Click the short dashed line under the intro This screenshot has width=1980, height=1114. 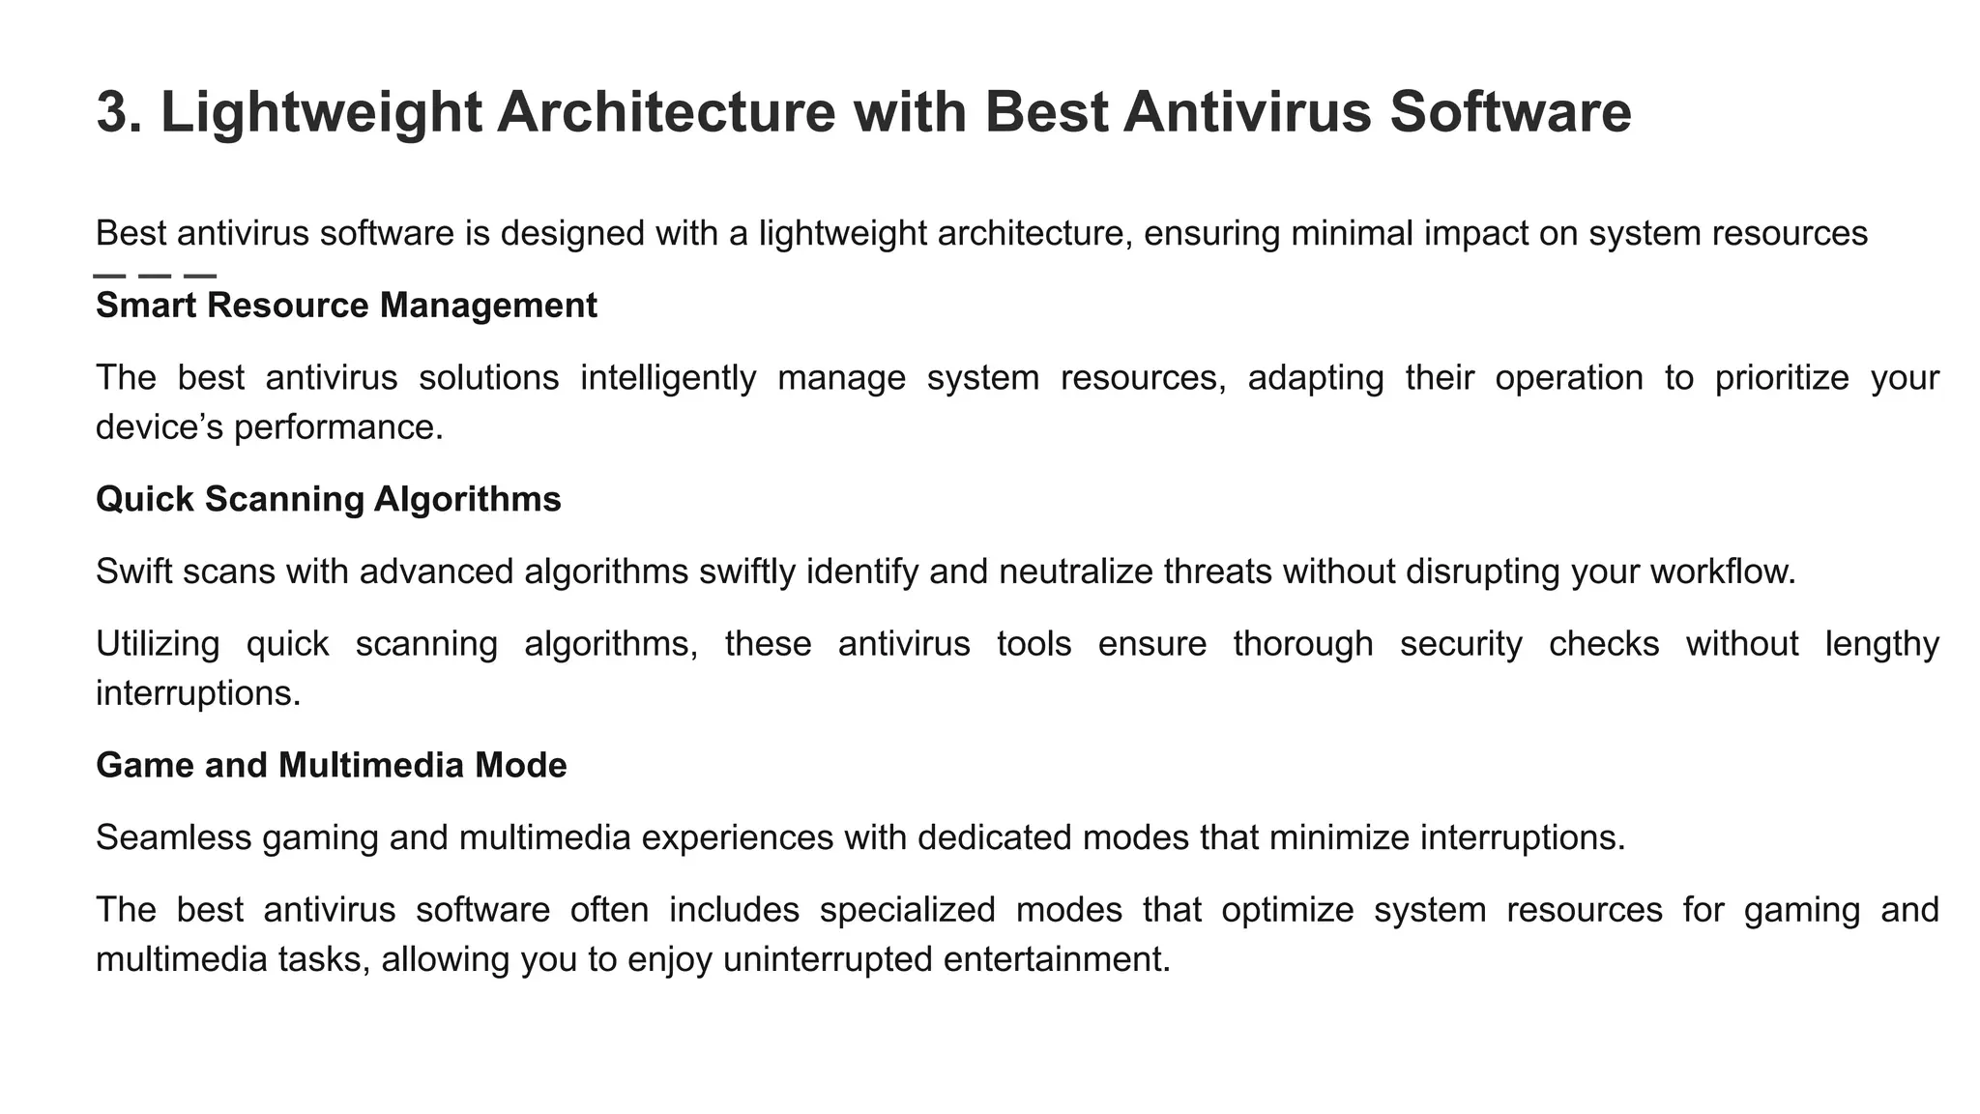pyautogui.click(x=155, y=277)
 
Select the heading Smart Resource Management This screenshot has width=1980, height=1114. pyautogui.click(x=346, y=306)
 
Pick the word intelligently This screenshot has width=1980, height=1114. pyautogui.click(x=668, y=378)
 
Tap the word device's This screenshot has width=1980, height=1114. pyautogui.click(x=160, y=427)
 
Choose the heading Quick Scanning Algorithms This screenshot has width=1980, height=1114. pyautogui.click(x=329, y=500)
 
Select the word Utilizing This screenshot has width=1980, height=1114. pyautogui.click(x=158, y=644)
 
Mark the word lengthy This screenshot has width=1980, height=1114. pyautogui.click(x=1881, y=644)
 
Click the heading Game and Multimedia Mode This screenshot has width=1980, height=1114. pyautogui.click(x=332, y=766)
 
